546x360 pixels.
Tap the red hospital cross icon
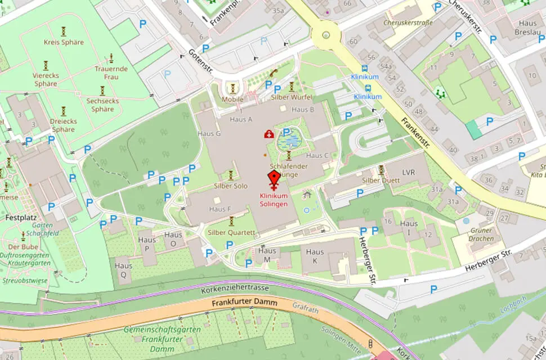click(269, 134)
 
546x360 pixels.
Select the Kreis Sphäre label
click(64, 42)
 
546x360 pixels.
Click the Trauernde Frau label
click(111, 73)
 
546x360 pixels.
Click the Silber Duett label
click(381, 181)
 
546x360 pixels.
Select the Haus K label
click(315, 256)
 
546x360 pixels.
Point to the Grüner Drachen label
click(481, 235)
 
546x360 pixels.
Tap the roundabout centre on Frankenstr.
click(326, 35)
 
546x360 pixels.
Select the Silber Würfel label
click(292, 97)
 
